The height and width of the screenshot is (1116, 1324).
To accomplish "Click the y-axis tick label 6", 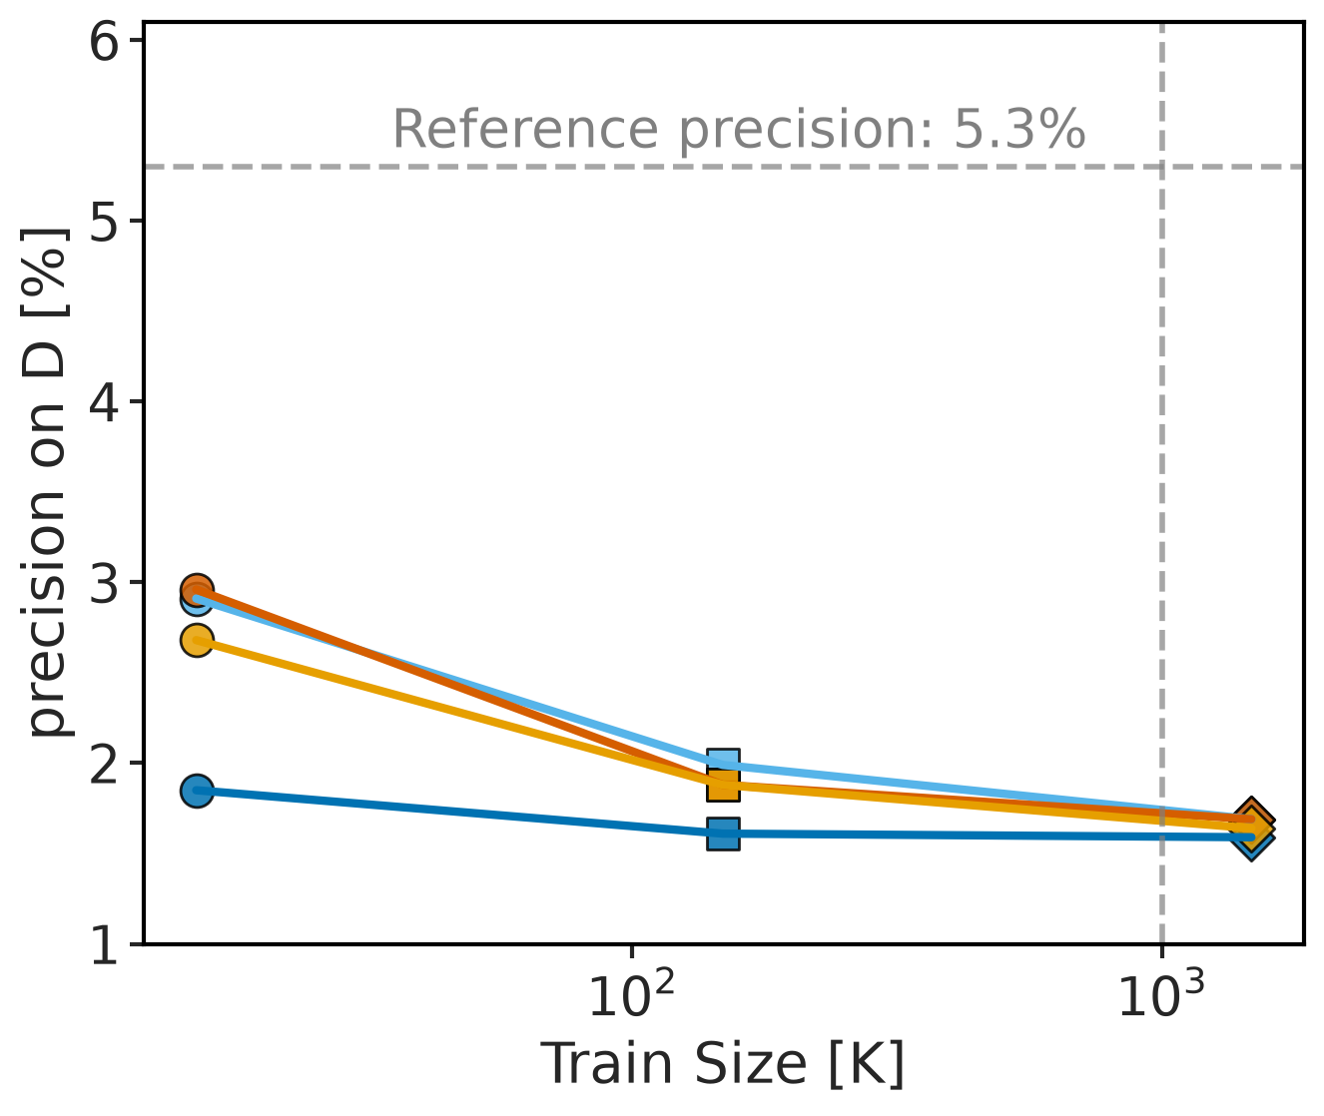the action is pyautogui.click(x=105, y=43).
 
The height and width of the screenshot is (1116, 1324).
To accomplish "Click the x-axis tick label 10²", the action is pyautogui.click(x=631, y=996).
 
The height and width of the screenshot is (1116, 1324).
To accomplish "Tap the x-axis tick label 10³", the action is pyautogui.click(x=1161, y=996).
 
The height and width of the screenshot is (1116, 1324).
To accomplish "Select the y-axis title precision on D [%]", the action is pyautogui.click(x=44, y=482).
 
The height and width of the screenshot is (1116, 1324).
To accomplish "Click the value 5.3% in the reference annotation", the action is pyautogui.click(x=1019, y=130).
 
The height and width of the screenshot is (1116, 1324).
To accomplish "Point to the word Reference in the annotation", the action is pyautogui.click(x=525, y=130).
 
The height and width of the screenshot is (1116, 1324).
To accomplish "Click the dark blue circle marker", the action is pyautogui.click(x=198, y=792).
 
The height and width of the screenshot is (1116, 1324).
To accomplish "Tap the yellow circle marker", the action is pyautogui.click(x=198, y=640).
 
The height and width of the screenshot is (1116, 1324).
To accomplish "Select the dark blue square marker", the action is pyautogui.click(x=723, y=834).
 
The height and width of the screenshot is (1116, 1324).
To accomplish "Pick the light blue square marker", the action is pyautogui.click(x=723, y=761).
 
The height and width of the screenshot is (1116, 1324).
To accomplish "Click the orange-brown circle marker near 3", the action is pyautogui.click(x=198, y=589).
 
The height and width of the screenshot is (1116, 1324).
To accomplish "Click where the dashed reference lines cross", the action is pyautogui.click(x=1161, y=167).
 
